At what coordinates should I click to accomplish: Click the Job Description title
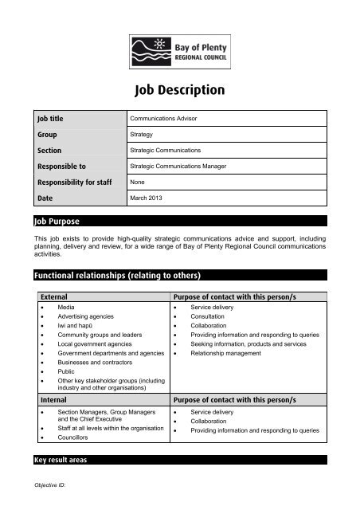pyautogui.click(x=180, y=89)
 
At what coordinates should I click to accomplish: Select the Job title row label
pyautogui.click(x=52, y=119)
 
